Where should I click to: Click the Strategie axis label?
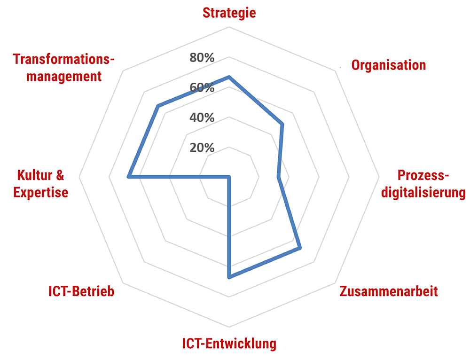(229, 13)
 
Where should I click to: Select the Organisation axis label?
(389, 65)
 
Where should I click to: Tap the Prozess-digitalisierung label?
(423, 184)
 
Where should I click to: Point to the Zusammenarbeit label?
(388, 291)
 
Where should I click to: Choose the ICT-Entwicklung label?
(229, 344)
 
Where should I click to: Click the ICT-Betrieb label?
(81, 291)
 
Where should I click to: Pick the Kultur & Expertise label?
(40, 184)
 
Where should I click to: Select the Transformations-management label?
(64, 68)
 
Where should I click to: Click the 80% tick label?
(202, 58)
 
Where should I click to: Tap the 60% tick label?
(202, 88)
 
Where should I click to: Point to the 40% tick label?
(202, 117)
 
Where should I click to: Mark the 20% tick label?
(202, 148)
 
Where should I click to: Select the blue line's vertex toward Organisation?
(282, 124)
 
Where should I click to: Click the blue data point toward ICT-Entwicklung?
(229, 277)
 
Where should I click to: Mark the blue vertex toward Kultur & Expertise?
(128, 177)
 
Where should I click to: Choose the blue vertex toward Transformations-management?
(158, 107)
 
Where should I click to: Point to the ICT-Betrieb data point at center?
(229, 177)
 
